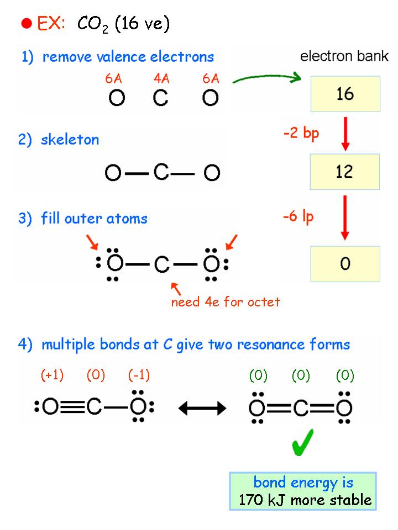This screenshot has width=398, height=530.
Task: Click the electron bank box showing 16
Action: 345,94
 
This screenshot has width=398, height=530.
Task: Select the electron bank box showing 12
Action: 345,171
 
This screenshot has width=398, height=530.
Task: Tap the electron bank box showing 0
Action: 345,264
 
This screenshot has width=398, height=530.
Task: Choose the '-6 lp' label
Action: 298,217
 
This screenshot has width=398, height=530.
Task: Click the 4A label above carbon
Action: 161,79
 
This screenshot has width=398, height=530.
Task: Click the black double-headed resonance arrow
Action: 202,408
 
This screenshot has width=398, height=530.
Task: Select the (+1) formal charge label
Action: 52,376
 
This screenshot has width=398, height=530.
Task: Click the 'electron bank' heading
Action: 344,56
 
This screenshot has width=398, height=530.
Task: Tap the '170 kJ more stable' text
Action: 305,500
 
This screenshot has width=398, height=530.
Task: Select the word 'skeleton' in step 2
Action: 70,140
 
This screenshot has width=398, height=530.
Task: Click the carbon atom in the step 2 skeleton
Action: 161,173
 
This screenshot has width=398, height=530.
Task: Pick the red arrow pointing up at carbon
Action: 176,288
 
